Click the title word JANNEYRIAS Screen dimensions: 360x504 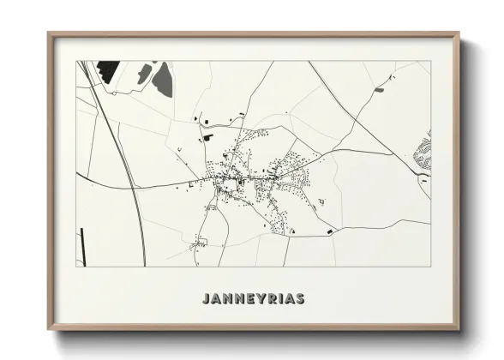coord(253,299)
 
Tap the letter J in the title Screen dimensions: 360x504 coord(205,299)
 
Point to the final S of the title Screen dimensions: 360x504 coord(300,299)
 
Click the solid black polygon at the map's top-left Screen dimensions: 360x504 coord(107,70)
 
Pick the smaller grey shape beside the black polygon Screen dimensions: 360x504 coord(143,75)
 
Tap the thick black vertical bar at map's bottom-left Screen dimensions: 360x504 coord(81,243)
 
